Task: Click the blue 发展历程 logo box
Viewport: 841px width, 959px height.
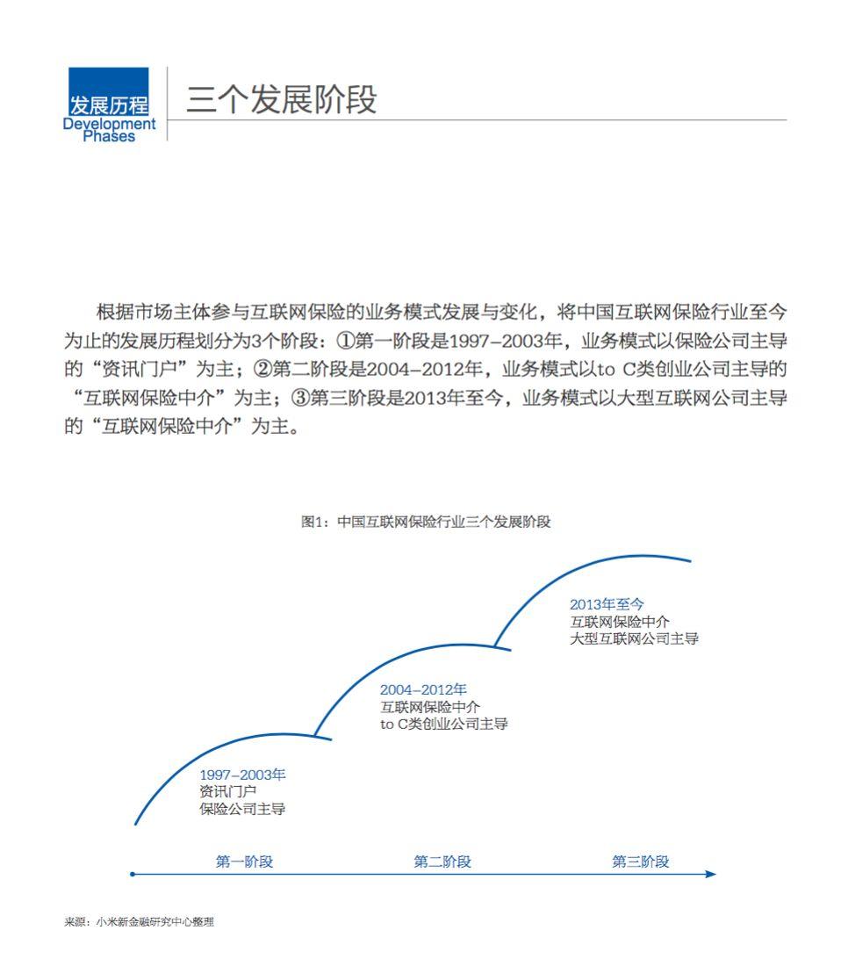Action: [109, 92]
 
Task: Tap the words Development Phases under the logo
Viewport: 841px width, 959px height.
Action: [109, 130]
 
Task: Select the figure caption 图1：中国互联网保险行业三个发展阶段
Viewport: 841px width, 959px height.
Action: [426, 522]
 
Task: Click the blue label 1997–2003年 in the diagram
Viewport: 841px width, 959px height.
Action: [242, 775]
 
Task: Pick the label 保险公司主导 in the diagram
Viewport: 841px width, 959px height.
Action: [242, 809]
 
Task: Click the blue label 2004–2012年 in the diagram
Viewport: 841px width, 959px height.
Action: [423, 689]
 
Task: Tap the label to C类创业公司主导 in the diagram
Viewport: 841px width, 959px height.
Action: [443, 725]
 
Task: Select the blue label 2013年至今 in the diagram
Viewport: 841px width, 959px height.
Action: [607, 604]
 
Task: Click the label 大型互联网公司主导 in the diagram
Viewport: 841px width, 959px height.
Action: [634, 638]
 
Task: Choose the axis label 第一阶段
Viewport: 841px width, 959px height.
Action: [245, 862]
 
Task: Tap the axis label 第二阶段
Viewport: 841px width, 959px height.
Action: [442, 862]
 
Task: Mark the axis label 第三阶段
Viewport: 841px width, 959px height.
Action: [641, 862]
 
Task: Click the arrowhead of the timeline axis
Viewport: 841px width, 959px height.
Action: [711, 874]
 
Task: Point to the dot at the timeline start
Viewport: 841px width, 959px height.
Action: [133, 874]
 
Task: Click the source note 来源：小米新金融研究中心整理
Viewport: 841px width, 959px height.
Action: [139, 922]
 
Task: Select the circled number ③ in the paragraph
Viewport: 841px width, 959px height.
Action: [300, 398]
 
